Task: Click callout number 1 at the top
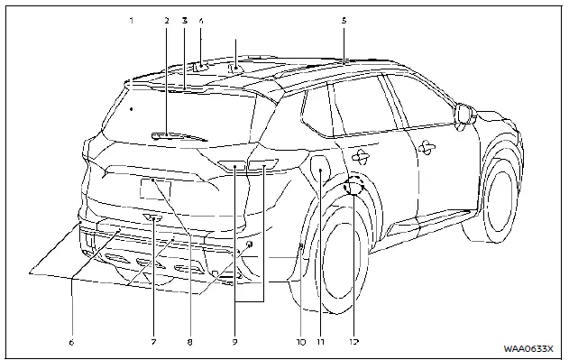132,18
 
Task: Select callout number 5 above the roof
344,18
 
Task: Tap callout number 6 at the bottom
71,342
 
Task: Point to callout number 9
234,342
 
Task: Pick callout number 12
355,342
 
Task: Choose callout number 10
300,342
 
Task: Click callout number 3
184,18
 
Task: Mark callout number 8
189,342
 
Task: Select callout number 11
320,342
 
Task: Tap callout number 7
153,342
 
